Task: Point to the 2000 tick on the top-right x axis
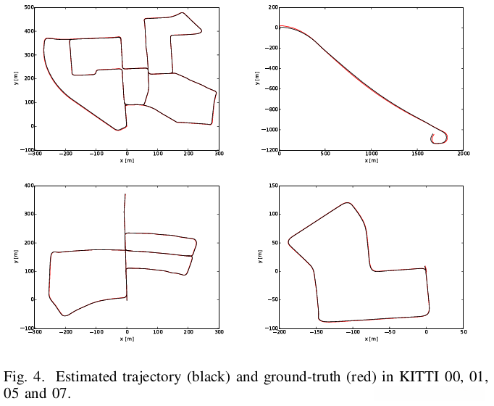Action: (463, 154)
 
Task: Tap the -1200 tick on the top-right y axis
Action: (268, 150)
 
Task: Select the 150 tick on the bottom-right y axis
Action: (272, 186)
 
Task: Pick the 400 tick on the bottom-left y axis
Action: (29, 186)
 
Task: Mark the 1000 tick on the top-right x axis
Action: (371, 154)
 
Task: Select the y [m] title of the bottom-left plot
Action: (16, 257)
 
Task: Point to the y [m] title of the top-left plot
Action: (16, 78)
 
